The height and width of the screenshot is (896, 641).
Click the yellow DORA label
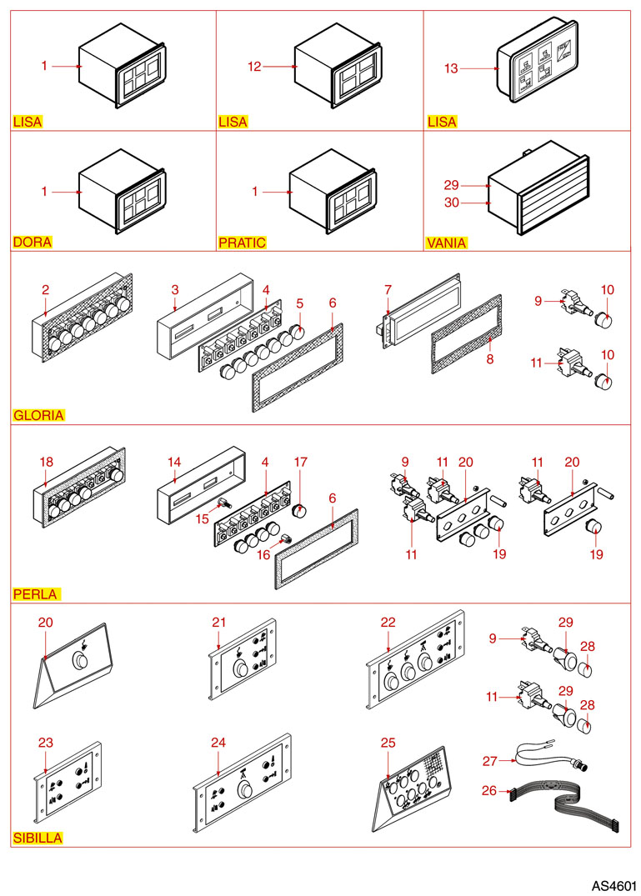[x=33, y=243]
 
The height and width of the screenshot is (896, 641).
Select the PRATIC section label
[x=242, y=243]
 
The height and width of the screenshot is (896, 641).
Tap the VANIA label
[x=446, y=243]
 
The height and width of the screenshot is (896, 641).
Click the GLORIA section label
[x=38, y=415]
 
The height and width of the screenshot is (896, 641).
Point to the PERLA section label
[x=35, y=595]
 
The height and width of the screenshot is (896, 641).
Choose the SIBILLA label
[x=37, y=838]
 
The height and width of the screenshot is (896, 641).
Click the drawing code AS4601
[x=614, y=883]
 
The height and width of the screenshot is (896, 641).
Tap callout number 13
[x=451, y=68]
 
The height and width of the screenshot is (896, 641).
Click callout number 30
[x=451, y=202]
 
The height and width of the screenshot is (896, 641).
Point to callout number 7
[x=388, y=289]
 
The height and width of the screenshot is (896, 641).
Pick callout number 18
[x=46, y=461]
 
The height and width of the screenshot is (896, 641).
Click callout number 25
[x=388, y=742]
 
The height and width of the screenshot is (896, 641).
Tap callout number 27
[x=489, y=760]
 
